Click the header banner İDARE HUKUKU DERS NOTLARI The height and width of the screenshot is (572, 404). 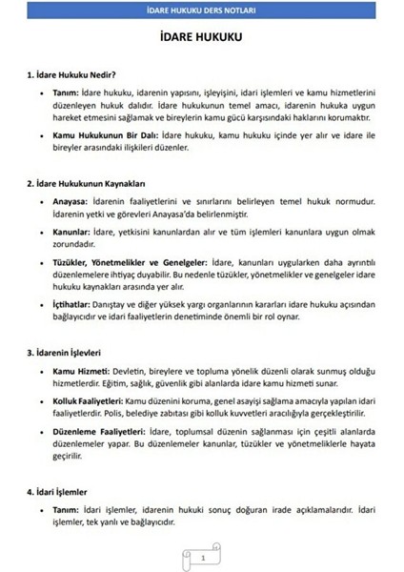pyautogui.click(x=201, y=10)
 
